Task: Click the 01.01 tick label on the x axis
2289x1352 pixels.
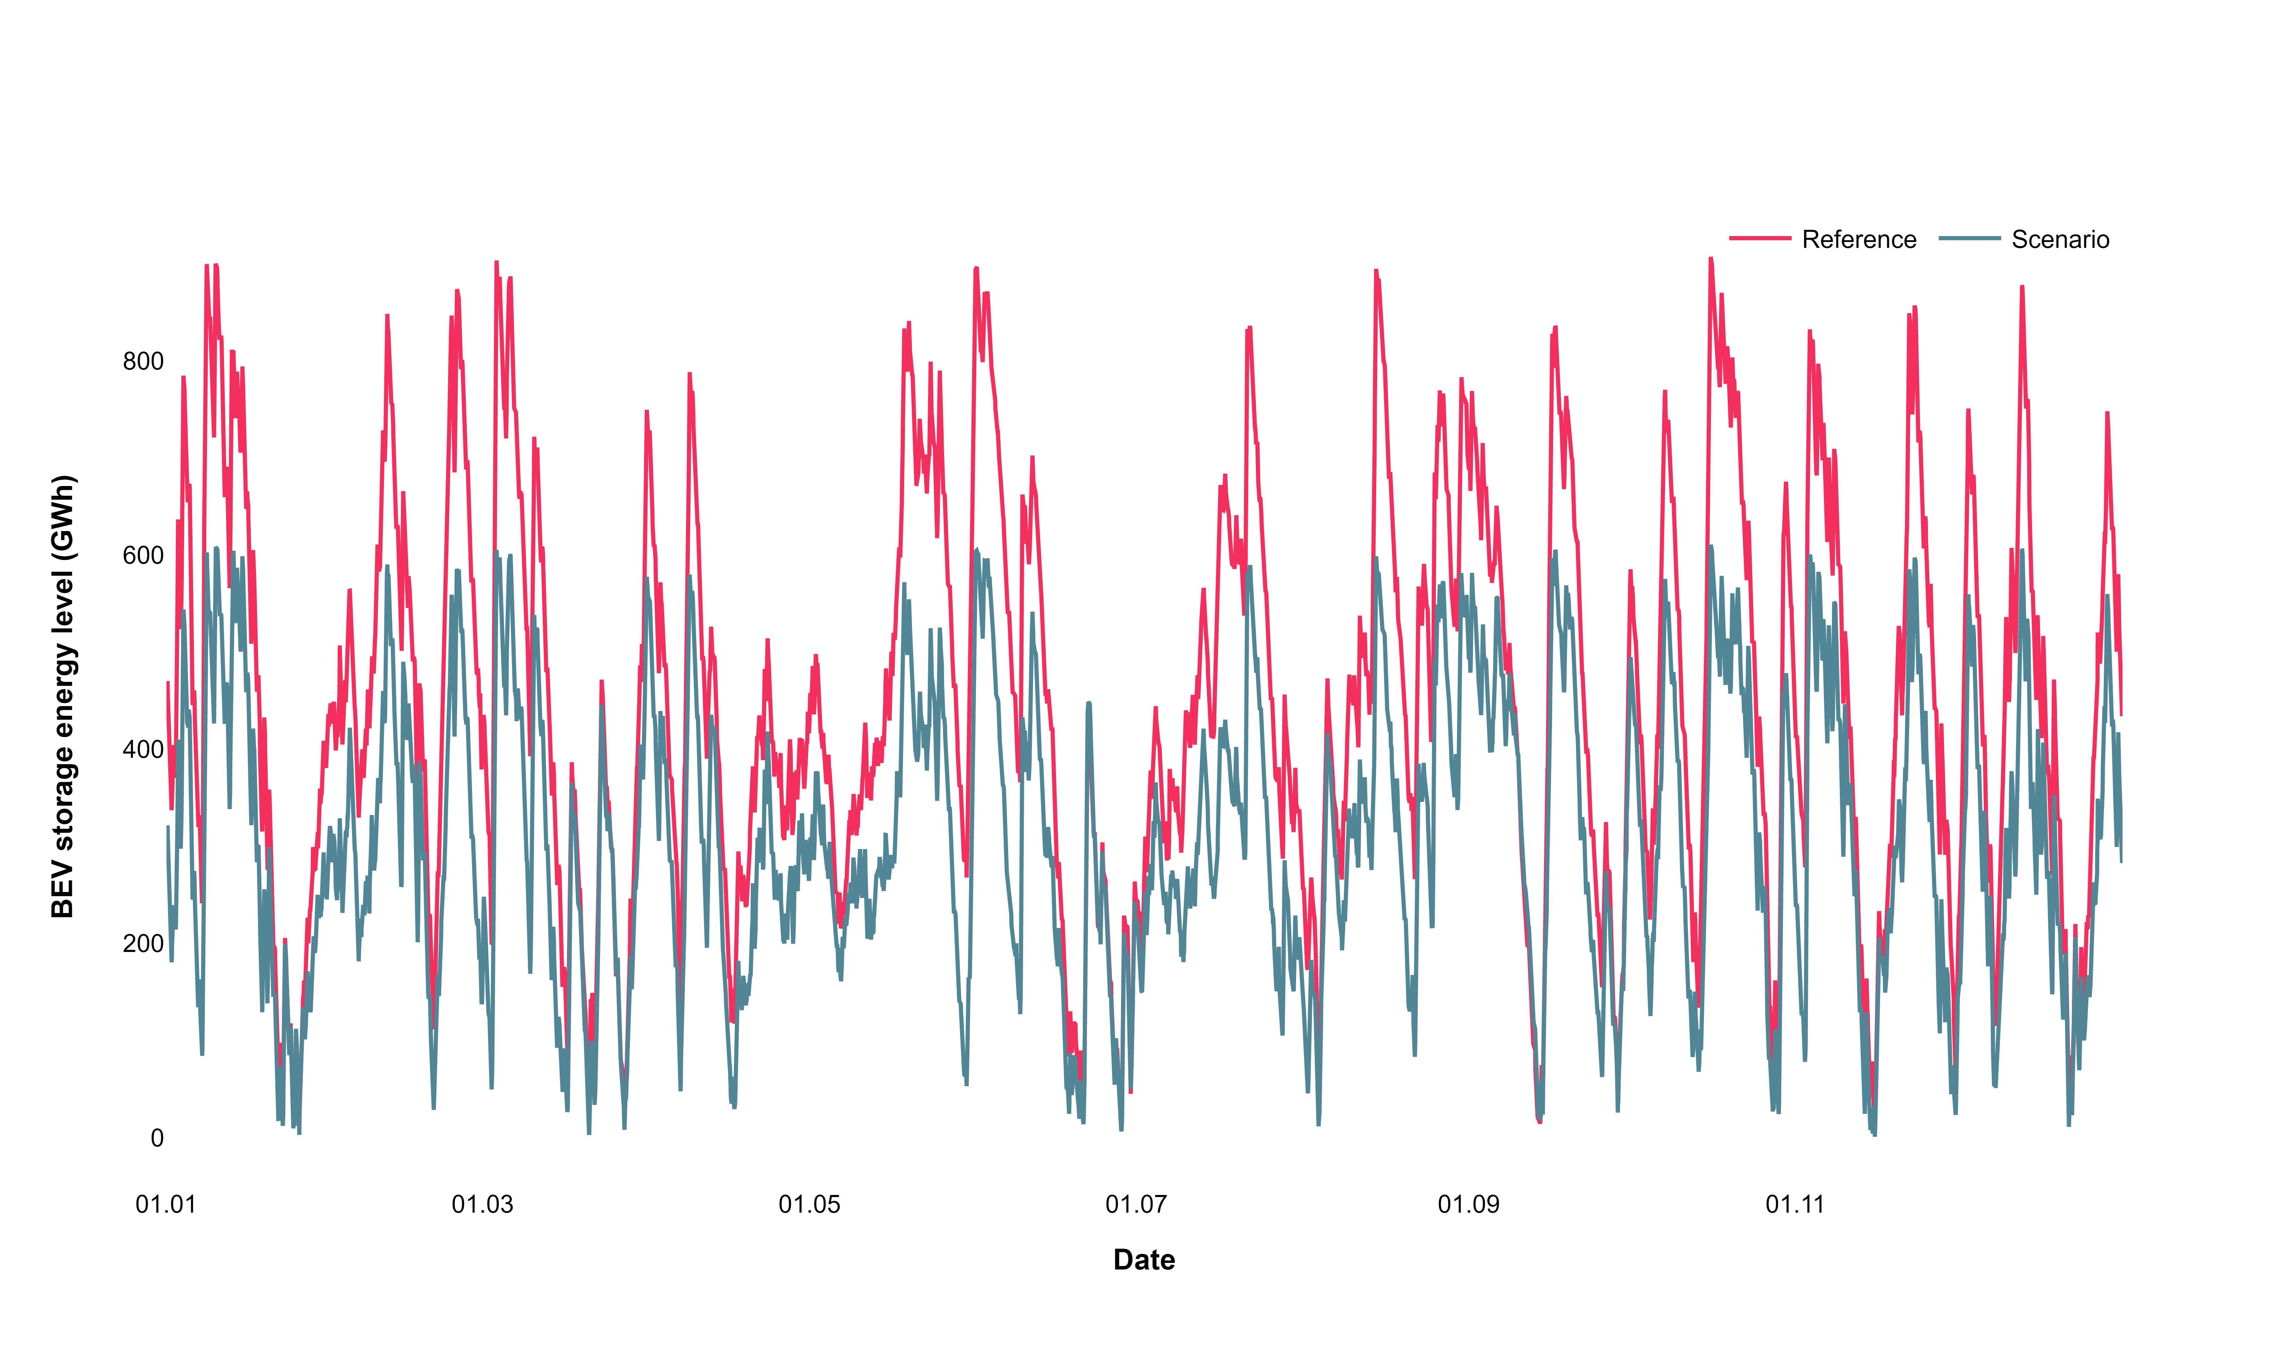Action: [x=166, y=1205]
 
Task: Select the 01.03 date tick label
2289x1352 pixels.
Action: [x=483, y=1205]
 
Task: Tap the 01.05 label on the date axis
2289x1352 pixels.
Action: [x=809, y=1205]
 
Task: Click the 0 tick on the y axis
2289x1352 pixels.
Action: [x=157, y=1138]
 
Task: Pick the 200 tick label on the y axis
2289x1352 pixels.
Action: [x=143, y=944]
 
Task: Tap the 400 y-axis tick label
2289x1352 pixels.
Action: [x=143, y=750]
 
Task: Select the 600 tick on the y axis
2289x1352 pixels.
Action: [x=143, y=556]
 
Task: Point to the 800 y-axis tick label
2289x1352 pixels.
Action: [x=143, y=362]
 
